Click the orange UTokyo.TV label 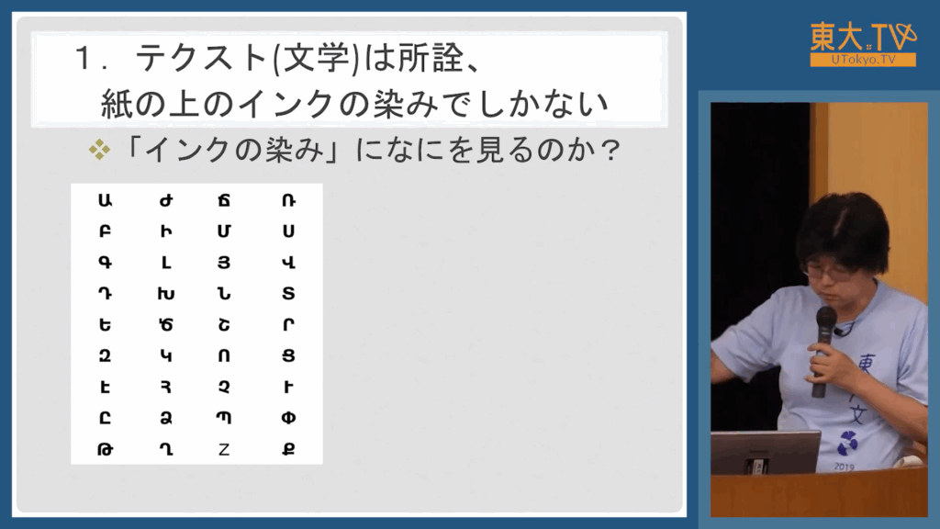point(863,60)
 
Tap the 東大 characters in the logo point(837,37)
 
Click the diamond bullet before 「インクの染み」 point(99,150)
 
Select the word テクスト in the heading point(201,59)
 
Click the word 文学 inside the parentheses point(316,59)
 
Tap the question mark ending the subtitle point(610,150)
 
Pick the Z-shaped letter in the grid point(224,448)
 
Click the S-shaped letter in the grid point(288,293)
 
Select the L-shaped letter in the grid point(166,262)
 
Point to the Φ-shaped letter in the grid point(288,418)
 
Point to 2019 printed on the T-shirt point(845,466)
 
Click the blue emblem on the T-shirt point(847,443)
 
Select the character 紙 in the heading point(117,104)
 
